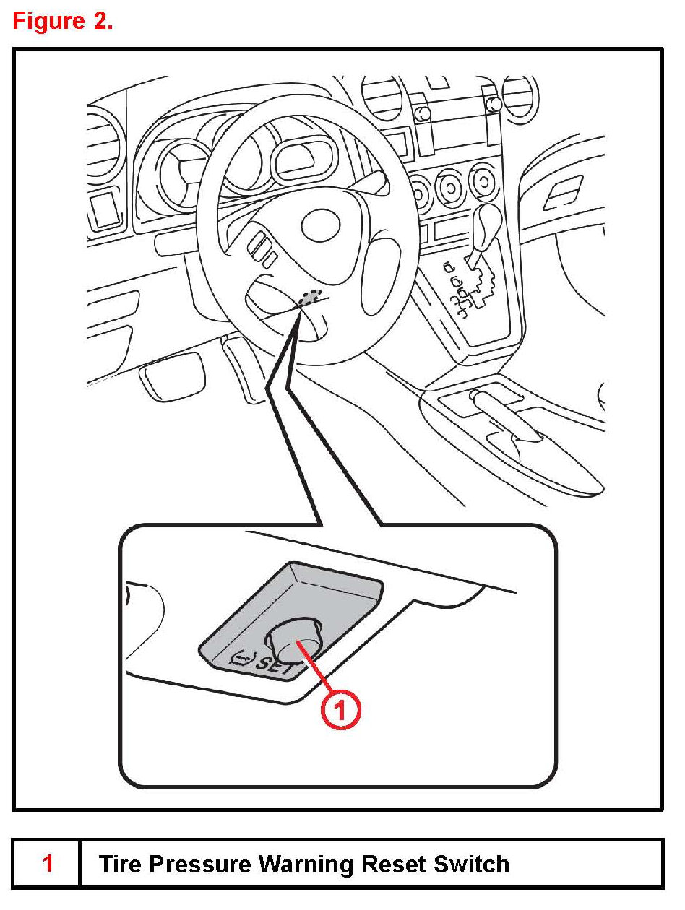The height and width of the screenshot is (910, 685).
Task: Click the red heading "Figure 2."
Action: point(63,21)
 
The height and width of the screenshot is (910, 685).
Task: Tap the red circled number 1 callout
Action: point(340,710)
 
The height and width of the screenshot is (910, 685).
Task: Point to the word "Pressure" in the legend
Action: point(200,864)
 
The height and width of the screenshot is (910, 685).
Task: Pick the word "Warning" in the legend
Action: point(306,864)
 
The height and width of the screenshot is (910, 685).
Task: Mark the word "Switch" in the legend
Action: point(471,864)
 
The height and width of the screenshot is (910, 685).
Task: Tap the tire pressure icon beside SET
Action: point(242,657)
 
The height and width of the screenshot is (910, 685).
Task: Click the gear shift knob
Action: point(488,225)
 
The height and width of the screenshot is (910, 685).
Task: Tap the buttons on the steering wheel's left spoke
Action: point(262,248)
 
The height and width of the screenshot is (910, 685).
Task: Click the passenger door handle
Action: point(563,191)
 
